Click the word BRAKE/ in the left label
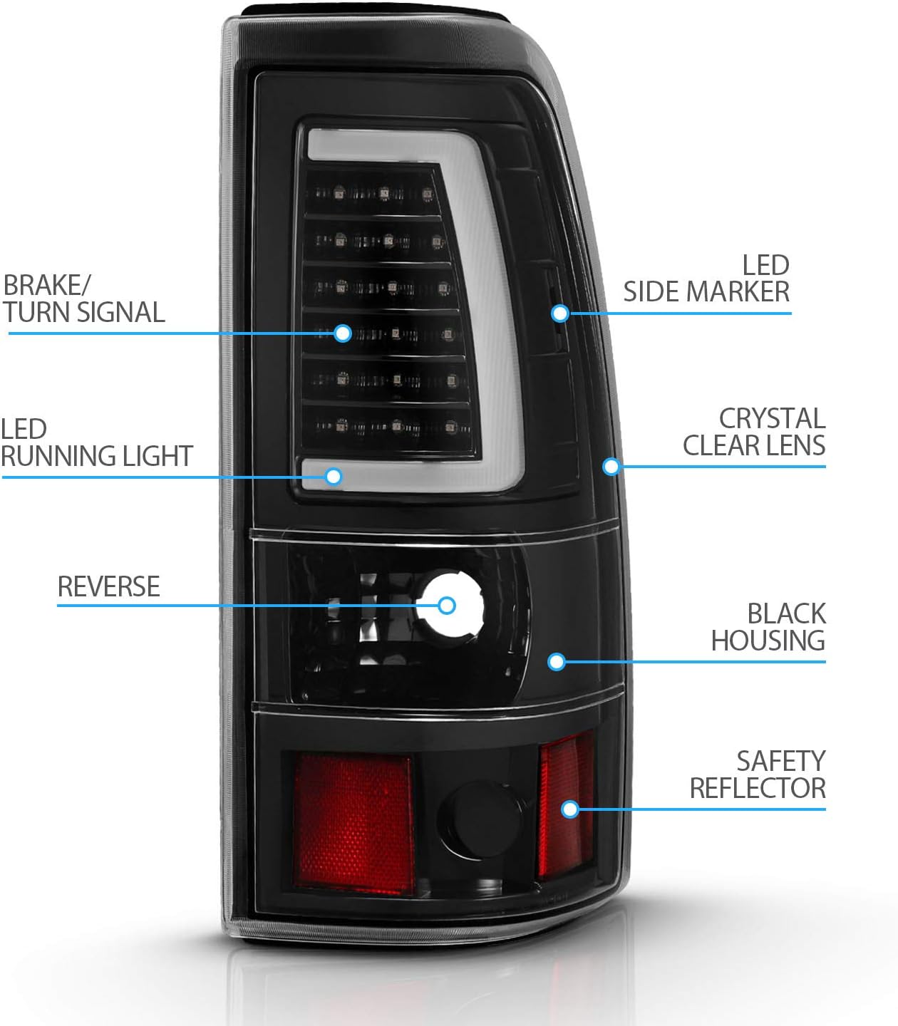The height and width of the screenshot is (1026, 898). coord(46,285)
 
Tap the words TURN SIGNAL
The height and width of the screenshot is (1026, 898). coord(84,312)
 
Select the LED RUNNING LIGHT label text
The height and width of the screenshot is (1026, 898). coord(96,442)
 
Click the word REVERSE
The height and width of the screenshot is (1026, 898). coord(109,586)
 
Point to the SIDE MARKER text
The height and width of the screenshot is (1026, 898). coord(706,291)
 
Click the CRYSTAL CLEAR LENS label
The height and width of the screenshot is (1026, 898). coord(754,432)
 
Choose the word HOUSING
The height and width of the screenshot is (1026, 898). coord(768,641)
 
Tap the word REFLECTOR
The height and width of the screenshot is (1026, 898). coord(758,788)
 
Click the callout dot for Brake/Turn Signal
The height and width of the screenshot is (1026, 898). coord(343,333)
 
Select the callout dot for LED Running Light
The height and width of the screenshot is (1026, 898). coord(334,477)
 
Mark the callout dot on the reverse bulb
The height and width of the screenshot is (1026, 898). coord(446,606)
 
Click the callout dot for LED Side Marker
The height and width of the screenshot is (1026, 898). coord(560,314)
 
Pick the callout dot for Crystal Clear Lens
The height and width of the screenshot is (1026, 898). coord(611,467)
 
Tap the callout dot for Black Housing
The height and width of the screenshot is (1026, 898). coord(557,662)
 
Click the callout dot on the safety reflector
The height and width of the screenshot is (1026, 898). coord(570,809)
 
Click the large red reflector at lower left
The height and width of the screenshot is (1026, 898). coord(353,824)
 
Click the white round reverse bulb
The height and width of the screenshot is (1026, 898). coord(450,603)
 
